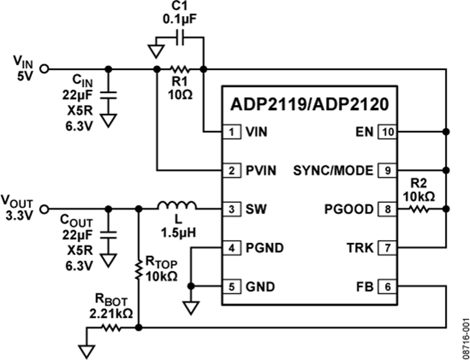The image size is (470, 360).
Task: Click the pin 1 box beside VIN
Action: pos(231,132)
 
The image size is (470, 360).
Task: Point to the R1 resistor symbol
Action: pos(179,69)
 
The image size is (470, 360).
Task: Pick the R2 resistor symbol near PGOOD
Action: pos(418,209)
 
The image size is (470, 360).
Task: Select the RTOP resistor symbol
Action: pos(138,270)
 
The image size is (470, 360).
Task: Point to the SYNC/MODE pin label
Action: pos(333,171)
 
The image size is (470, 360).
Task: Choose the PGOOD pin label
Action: pos(348,209)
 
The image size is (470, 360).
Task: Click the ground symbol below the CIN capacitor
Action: pos(108,121)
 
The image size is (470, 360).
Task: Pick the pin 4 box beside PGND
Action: pos(231,248)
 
